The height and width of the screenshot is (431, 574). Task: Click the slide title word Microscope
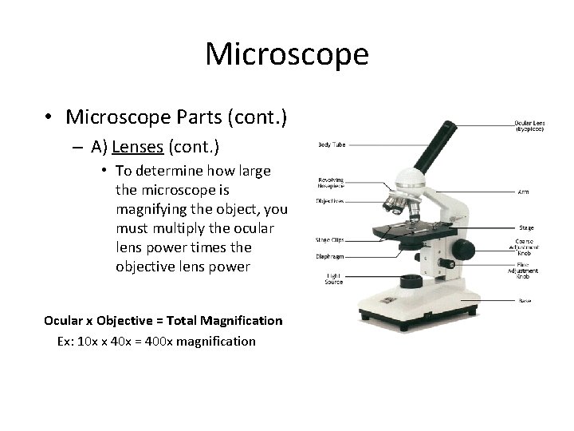pyautogui.click(x=287, y=54)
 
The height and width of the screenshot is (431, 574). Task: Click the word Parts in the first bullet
pyautogui.click(x=197, y=117)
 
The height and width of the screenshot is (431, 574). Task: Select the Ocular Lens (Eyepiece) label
pyautogui.click(x=528, y=125)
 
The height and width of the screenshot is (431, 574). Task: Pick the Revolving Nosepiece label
pyautogui.click(x=331, y=183)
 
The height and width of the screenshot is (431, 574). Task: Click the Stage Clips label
pyautogui.click(x=329, y=239)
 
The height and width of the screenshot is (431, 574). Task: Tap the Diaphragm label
pyautogui.click(x=330, y=256)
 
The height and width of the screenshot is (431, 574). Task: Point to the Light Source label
pyautogui.click(x=333, y=278)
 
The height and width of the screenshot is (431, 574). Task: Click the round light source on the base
pyautogui.click(x=411, y=280)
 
